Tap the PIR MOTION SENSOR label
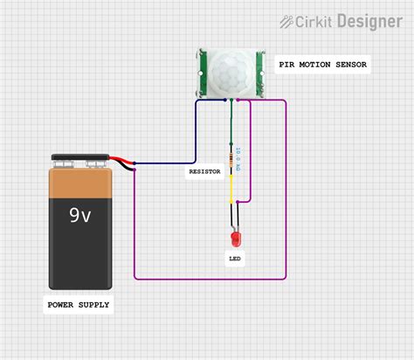(x=322, y=65)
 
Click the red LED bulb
(x=234, y=238)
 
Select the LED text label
(x=235, y=259)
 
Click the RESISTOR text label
(x=204, y=172)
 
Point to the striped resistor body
(x=231, y=159)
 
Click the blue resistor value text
(x=238, y=160)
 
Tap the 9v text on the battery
(x=79, y=214)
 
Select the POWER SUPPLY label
(x=79, y=304)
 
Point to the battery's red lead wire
(x=122, y=161)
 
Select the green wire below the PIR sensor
(x=231, y=122)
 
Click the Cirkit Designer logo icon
(x=287, y=20)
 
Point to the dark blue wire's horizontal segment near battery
(x=166, y=163)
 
